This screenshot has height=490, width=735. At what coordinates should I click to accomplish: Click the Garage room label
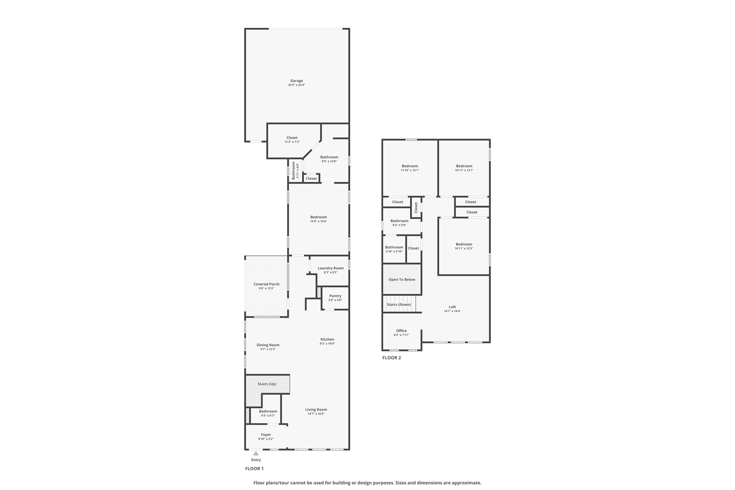point(296,81)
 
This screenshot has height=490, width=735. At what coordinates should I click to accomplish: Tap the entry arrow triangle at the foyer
point(256,453)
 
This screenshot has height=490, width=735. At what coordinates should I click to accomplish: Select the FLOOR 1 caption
point(254,468)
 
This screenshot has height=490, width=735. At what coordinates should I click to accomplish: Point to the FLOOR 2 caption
point(392,358)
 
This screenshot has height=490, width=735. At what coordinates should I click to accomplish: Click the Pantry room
point(335,298)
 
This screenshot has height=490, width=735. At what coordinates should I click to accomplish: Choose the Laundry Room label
point(331,268)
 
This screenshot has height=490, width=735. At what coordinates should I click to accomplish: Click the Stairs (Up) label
point(267,384)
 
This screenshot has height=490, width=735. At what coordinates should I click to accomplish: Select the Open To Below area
point(402,279)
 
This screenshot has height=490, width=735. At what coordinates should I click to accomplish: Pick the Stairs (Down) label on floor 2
point(399,304)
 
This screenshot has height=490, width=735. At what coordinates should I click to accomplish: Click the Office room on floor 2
point(401,332)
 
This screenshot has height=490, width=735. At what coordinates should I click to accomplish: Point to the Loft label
point(452,307)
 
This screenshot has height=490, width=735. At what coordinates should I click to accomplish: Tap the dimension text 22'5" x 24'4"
point(296,85)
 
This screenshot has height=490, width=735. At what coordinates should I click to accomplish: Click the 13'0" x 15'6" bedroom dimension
point(318,221)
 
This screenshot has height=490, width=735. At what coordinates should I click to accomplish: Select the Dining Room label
point(268,345)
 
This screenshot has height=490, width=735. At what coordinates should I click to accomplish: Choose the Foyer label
point(266,435)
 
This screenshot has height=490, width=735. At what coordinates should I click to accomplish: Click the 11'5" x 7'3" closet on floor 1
point(292,140)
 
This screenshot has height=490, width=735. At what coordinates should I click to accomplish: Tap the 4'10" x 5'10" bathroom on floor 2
point(394,249)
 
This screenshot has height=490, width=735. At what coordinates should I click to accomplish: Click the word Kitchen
point(327,339)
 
